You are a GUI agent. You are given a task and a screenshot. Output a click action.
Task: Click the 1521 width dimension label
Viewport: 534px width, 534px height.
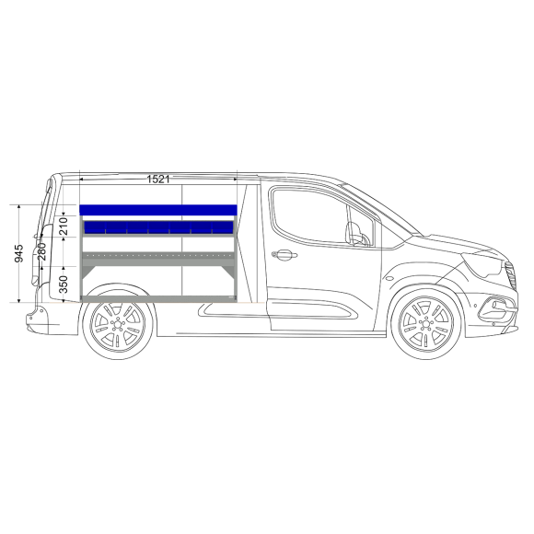click(158, 180)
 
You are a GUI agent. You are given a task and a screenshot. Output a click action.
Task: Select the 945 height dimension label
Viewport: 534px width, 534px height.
click(19, 253)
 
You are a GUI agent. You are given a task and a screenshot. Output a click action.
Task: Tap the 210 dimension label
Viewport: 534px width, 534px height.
click(64, 226)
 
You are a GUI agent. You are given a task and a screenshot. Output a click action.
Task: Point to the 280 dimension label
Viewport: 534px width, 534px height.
click(41, 251)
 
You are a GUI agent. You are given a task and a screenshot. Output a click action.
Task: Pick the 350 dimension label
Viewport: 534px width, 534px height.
click(64, 284)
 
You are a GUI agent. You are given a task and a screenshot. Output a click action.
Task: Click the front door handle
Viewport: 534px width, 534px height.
click(284, 255)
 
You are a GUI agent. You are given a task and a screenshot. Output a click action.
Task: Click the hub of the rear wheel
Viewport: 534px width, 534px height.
click(118, 325)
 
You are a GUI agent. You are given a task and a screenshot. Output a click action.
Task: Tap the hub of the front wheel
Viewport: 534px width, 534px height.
click(425, 323)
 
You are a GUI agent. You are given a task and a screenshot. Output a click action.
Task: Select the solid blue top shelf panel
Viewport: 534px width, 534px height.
click(158, 210)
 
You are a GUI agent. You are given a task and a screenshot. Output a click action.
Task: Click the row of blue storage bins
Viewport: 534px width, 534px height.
click(158, 227)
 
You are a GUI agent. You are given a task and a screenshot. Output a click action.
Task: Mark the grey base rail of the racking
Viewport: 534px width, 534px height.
click(158, 298)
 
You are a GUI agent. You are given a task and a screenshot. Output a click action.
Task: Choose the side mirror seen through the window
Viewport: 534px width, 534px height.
click(357, 234)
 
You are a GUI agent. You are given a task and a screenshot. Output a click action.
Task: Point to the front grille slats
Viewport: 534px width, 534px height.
click(511, 274)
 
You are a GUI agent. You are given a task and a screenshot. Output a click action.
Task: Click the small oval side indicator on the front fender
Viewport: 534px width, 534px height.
click(389, 278)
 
